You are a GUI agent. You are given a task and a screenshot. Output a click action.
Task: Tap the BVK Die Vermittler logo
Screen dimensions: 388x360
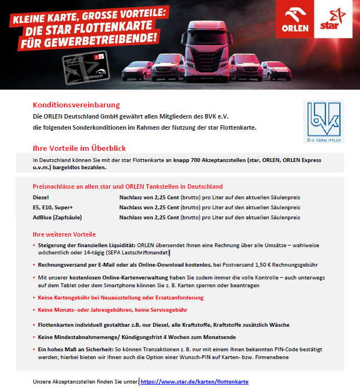point(323,121)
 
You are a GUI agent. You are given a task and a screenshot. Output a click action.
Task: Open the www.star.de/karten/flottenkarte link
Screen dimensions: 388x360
point(194,382)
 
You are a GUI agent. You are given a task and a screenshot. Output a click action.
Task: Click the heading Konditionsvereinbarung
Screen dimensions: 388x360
point(76,105)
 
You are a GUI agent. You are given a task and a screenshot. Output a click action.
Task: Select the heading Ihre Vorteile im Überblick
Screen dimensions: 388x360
point(79,148)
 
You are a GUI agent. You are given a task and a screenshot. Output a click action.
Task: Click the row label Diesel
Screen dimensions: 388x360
point(41,197)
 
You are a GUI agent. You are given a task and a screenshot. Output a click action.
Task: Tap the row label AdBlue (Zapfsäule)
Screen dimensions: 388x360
point(59,217)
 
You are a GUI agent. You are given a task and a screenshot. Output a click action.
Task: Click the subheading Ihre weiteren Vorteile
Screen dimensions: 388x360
point(64,234)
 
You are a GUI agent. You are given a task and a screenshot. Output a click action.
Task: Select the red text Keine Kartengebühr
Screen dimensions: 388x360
point(66,298)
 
